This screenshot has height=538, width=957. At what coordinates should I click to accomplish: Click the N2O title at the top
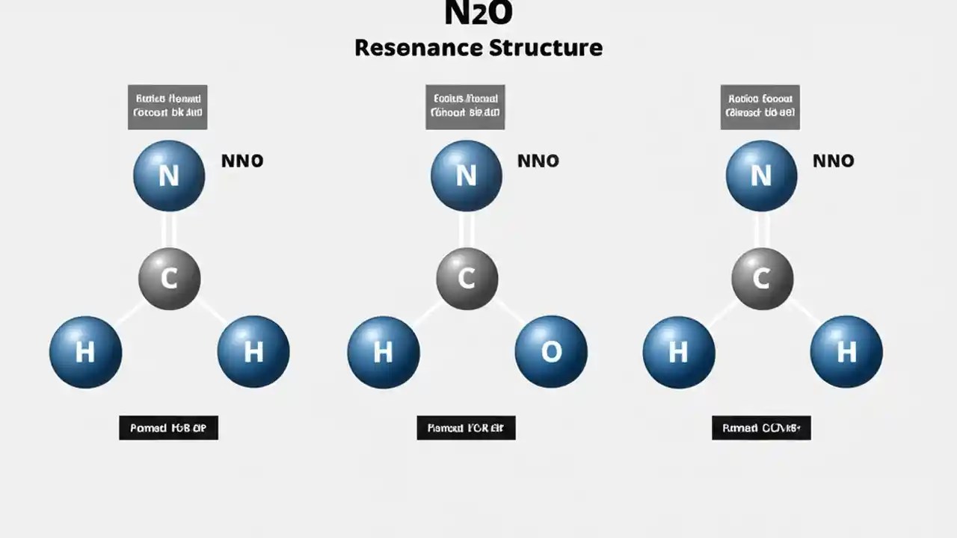pyautogui.click(x=478, y=13)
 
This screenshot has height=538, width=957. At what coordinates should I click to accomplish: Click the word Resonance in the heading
pyautogui.click(x=418, y=48)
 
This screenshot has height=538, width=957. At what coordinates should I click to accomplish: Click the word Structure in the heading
pyautogui.click(x=546, y=48)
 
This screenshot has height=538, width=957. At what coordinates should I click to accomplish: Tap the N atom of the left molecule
pyautogui.click(x=169, y=176)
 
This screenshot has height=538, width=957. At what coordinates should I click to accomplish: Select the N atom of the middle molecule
pyautogui.click(x=467, y=176)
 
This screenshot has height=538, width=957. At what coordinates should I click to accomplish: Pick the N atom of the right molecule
pyautogui.click(x=761, y=176)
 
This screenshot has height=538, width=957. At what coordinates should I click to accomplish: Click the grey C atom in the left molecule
pyautogui.click(x=170, y=279)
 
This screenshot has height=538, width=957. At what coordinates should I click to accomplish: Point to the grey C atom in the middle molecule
pyautogui.click(x=467, y=279)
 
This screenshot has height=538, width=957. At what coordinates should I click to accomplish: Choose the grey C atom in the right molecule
pyautogui.click(x=762, y=279)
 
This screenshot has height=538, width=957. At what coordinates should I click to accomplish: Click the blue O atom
pyautogui.click(x=551, y=352)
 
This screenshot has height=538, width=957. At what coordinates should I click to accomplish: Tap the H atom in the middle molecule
pyautogui.click(x=384, y=352)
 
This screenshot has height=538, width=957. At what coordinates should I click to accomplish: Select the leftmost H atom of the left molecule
pyautogui.click(x=86, y=352)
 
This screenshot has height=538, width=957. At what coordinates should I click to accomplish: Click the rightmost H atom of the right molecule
pyautogui.click(x=846, y=352)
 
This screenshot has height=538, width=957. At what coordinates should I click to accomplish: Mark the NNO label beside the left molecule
pyautogui.click(x=242, y=161)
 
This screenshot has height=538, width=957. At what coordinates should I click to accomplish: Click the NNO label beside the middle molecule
pyautogui.click(x=538, y=161)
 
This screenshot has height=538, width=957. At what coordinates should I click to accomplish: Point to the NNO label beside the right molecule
pyautogui.click(x=833, y=161)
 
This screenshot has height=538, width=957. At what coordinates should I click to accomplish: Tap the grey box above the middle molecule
pyautogui.click(x=465, y=107)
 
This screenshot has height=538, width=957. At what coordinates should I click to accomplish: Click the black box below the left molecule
pyautogui.click(x=168, y=428)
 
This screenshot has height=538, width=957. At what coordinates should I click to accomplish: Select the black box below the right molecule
pyautogui.click(x=761, y=428)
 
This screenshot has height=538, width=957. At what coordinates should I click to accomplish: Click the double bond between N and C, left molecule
pyautogui.click(x=169, y=230)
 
